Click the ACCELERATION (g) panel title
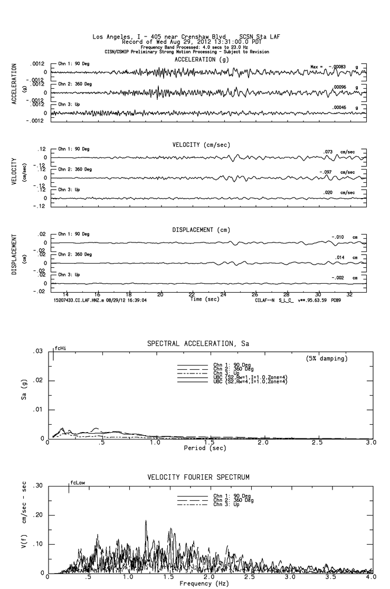(x=202, y=60)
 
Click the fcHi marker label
(x=61, y=349)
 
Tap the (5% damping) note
(x=326, y=359)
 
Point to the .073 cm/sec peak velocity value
(x=328, y=152)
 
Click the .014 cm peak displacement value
(x=340, y=257)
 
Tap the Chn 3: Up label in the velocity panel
(x=69, y=189)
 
